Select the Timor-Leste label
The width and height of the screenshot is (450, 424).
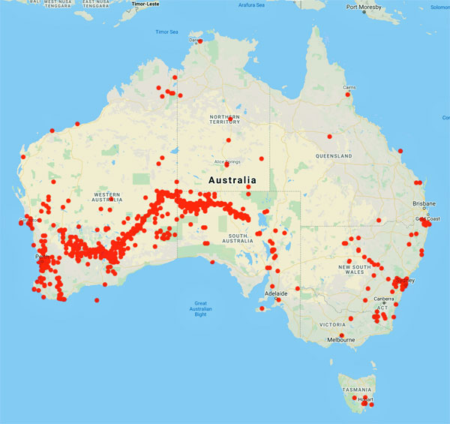click(145, 4)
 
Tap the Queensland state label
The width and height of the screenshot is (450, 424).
click(334, 156)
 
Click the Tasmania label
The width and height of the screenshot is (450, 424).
click(356, 390)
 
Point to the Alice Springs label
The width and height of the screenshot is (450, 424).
click(226, 161)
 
